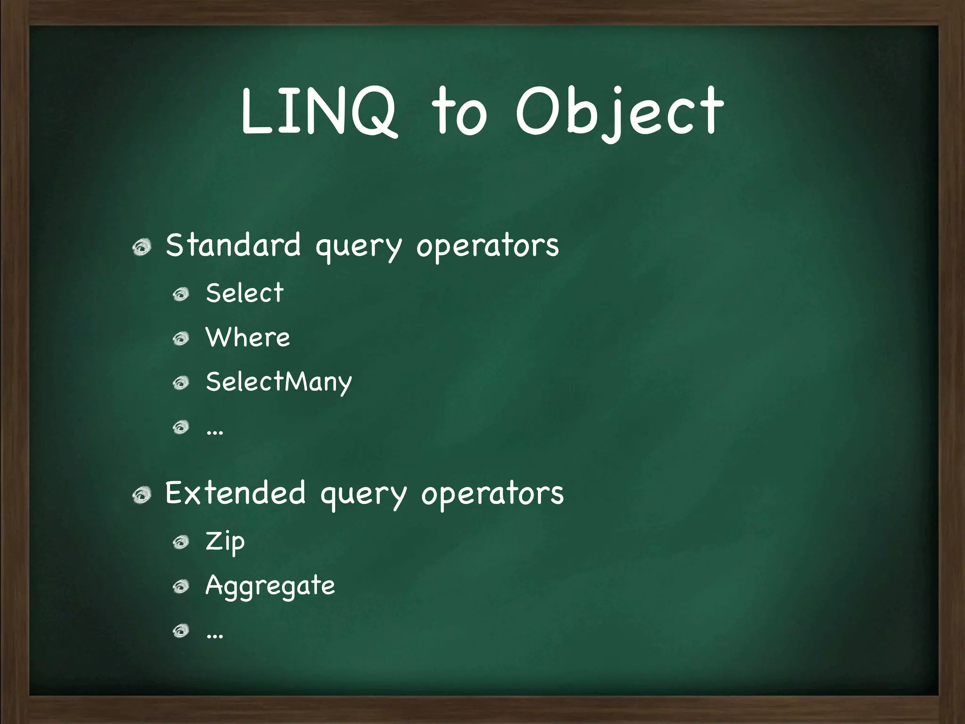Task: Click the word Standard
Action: click(x=233, y=245)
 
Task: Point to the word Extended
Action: click(x=235, y=493)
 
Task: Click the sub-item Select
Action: click(x=245, y=293)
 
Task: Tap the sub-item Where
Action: click(x=248, y=337)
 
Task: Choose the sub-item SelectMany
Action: click(x=279, y=382)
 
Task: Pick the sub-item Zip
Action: click(x=225, y=542)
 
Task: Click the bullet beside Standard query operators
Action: click(x=141, y=247)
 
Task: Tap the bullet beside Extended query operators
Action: click(x=141, y=495)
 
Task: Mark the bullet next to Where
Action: click(x=180, y=338)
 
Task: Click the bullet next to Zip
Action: click(x=180, y=543)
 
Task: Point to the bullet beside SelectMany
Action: click(x=180, y=383)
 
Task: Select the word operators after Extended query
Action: click(x=492, y=494)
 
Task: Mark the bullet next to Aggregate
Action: click(x=180, y=587)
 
